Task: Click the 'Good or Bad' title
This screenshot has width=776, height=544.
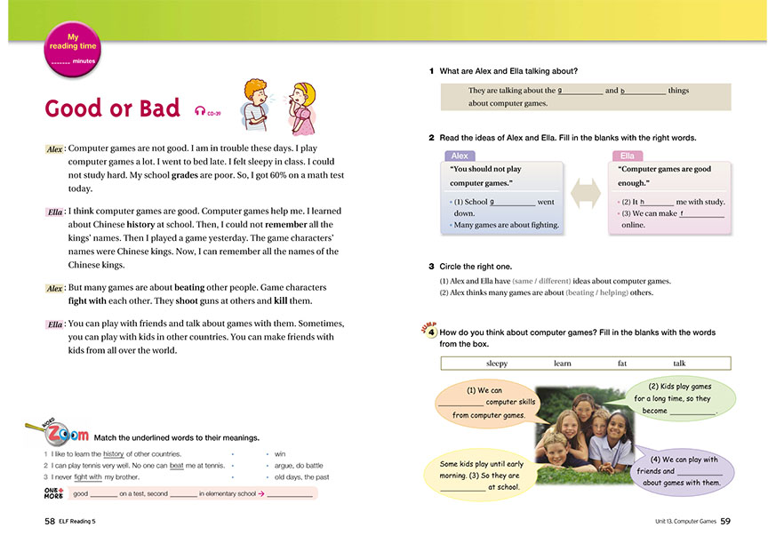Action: point(112,108)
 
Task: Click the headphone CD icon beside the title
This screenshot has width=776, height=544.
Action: point(201,111)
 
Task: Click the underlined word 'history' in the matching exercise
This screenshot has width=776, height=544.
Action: point(113,453)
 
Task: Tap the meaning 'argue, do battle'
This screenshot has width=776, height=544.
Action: point(299,465)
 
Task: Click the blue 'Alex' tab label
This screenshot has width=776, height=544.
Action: point(460,156)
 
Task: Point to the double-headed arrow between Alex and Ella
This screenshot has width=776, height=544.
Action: point(586,194)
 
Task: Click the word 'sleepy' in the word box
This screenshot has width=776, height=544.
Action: point(497,363)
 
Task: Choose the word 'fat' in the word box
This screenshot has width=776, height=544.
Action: point(622,363)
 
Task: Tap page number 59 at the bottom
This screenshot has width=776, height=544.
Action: point(725,520)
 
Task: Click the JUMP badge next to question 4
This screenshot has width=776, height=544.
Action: point(427,331)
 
